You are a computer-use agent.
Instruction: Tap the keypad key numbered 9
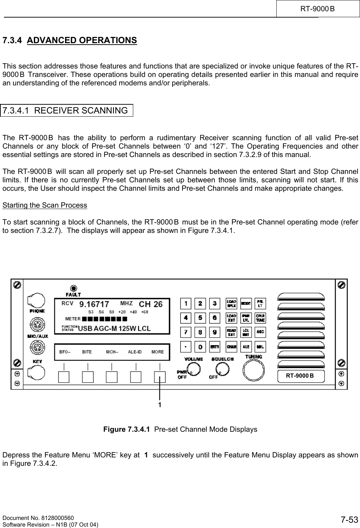click(x=215, y=332)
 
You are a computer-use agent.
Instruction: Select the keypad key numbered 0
click(x=200, y=346)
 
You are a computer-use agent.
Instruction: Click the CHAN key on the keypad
click(x=232, y=346)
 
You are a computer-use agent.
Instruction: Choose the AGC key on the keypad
click(x=261, y=332)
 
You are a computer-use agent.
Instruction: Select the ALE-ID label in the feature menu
click(x=135, y=352)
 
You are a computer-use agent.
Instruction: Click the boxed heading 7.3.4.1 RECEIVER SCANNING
click(x=67, y=110)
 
